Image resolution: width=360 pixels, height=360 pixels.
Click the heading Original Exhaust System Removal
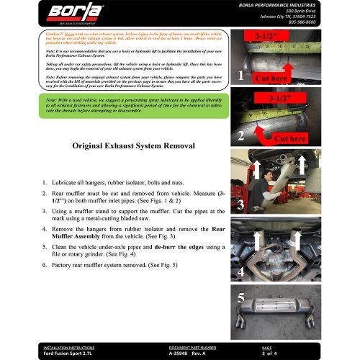[x=135, y=145]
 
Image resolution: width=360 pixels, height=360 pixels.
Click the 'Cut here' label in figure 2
[x=290, y=138]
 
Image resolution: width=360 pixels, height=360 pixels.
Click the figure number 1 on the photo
[x=240, y=75]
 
